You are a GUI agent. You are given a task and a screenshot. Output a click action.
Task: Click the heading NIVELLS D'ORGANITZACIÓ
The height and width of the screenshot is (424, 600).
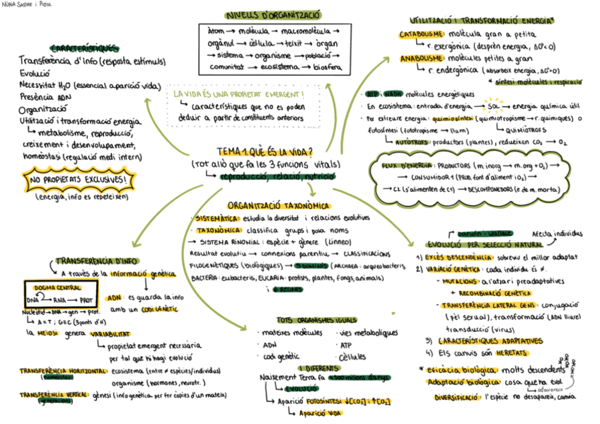coord(272,14)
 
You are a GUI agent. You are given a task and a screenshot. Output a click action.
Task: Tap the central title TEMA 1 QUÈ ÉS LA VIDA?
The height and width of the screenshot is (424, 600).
coord(265,151)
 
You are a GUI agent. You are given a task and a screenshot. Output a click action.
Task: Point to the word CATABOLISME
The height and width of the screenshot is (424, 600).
coord(422,34)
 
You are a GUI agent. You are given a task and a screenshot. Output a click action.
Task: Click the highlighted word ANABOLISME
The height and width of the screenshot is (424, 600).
coord(422,59)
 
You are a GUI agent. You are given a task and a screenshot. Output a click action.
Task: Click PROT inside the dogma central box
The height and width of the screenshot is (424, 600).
coord(86,299)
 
